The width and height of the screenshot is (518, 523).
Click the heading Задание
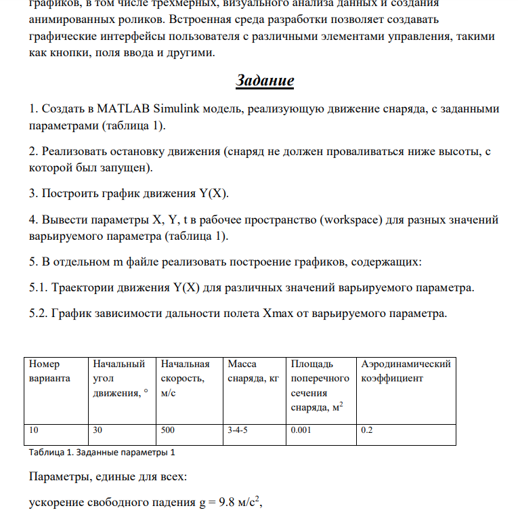coord(265,81)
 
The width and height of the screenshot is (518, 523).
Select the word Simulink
coord(178,108)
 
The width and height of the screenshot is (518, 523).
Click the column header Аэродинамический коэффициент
coord(406,371)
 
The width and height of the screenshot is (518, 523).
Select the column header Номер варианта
coord(49,371)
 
